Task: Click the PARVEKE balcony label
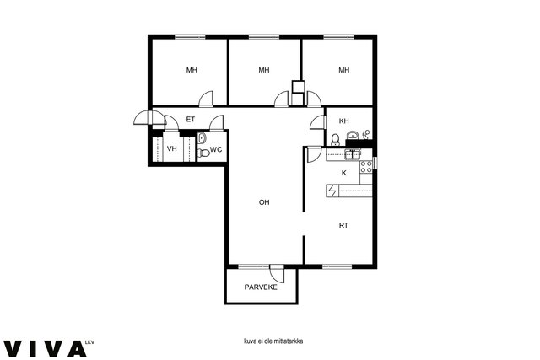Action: pos(261,287)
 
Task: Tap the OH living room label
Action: pos(264,202)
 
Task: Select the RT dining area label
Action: pos(343,225)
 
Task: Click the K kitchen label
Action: pos(344,173)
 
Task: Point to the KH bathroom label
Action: pos(344,121)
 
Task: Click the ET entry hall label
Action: pos(191,120)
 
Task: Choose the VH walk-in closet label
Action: pos(172,148)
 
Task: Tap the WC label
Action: pos(216,149)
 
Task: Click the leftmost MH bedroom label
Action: pos(192,70)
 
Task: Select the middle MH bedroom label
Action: pos(264,70)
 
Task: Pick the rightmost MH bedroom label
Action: pos(344,70)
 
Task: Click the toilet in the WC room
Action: pos(204,153)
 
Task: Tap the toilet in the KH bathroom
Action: pos(335,140)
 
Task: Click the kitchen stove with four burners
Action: pos(365,167)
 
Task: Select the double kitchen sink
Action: pos(353,154)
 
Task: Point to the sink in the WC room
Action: pos(202,138)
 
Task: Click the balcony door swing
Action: pos(277,273)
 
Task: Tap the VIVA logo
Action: pos(45,349)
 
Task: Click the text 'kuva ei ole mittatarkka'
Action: pos(273,341)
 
